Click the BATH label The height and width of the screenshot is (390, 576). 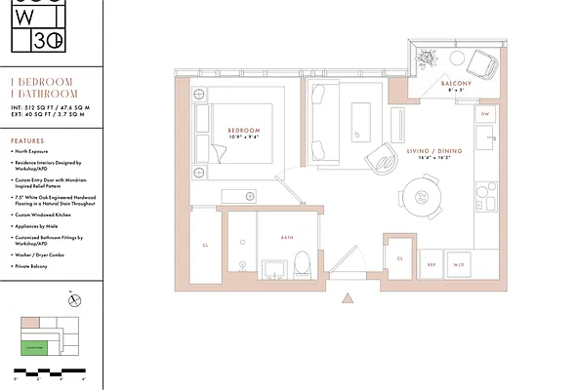287,236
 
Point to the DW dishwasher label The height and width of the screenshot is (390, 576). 485,115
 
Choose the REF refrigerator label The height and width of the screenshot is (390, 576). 430,264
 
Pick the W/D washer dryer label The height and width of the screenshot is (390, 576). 458,264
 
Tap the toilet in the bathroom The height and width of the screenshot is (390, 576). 302,261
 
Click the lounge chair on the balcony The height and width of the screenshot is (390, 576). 479,64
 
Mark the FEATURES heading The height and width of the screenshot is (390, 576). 26,140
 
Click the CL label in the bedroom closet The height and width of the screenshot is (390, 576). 206,246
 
